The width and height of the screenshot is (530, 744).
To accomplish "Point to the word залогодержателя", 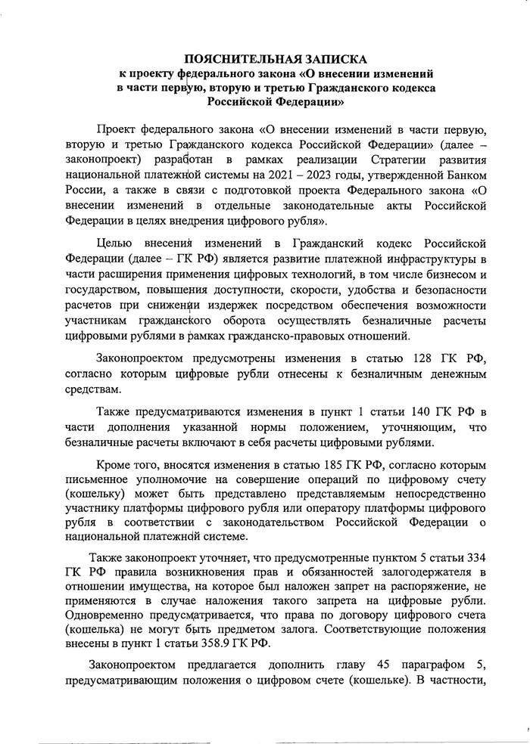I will pyautogui.click(x=421, y=572).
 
